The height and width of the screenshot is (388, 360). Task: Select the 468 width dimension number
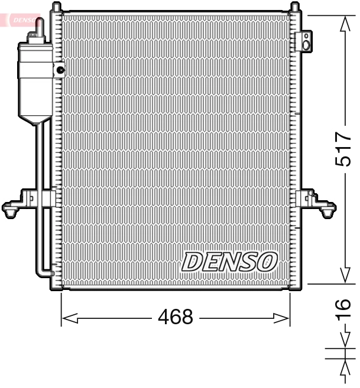(176, 318)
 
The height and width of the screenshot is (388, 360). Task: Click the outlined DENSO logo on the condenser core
(229, 262)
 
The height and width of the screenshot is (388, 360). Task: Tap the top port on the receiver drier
(40, 27)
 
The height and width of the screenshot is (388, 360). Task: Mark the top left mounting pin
(57, 8)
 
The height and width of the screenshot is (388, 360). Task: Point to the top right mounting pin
(294, 7)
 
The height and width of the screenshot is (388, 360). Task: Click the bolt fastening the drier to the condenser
(60, 71)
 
